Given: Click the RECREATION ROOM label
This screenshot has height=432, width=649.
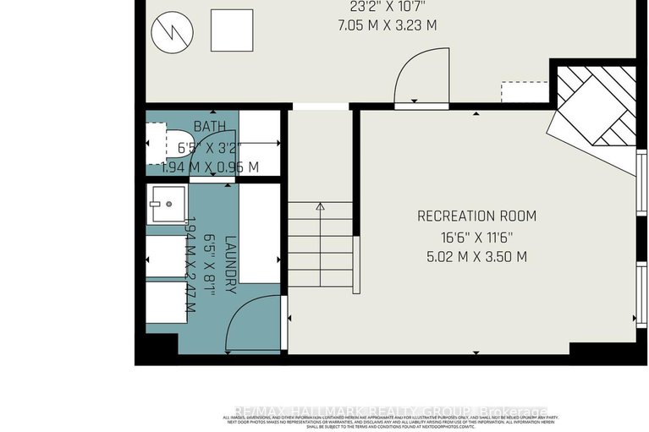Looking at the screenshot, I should [x=476, y=216].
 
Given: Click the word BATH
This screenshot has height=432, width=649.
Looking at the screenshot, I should [x=210, y=127].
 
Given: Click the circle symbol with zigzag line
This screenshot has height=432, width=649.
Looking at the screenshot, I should [x=167, y=34].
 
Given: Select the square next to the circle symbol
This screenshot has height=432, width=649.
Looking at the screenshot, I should [x=231, y=30].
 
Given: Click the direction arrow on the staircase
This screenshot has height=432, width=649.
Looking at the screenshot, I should [x=320, y=206].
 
